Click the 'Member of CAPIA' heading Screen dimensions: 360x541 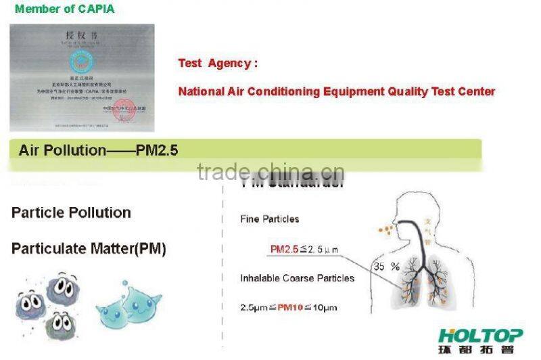pos(64,9)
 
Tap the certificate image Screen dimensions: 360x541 pos(82,77)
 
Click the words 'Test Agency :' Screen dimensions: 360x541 pos(218,64)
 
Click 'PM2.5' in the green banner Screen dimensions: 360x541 pos(156,150)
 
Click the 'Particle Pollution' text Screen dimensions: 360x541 pos(71,212)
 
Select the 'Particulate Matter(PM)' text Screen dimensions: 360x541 pos(89,248)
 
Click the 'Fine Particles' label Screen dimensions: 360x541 pos(269,219)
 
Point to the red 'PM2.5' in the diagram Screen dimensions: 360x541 pos(285,250)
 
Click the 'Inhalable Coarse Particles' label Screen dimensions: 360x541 pos(297,278)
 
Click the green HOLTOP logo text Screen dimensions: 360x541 pos(480,336)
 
